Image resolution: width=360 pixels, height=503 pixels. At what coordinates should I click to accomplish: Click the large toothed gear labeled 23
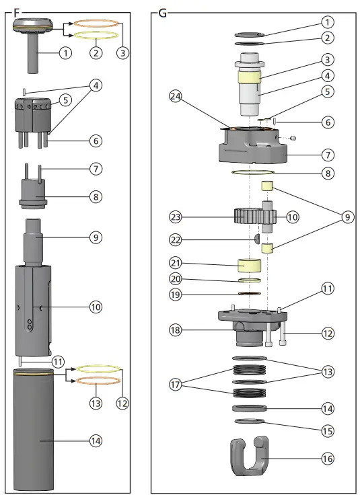click(247, 217)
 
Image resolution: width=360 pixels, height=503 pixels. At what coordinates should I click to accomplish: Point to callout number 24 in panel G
click(176, 97)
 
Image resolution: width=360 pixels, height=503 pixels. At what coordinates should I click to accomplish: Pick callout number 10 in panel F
click(96, 307)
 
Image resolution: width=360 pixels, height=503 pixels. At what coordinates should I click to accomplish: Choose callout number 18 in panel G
click(176, 330)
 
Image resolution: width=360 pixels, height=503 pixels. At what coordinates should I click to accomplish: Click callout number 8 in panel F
click(96, 198)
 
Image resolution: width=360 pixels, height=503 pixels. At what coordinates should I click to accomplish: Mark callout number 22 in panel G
click(176, 239)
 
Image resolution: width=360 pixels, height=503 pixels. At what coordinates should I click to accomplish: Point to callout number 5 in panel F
click(65, 100)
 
